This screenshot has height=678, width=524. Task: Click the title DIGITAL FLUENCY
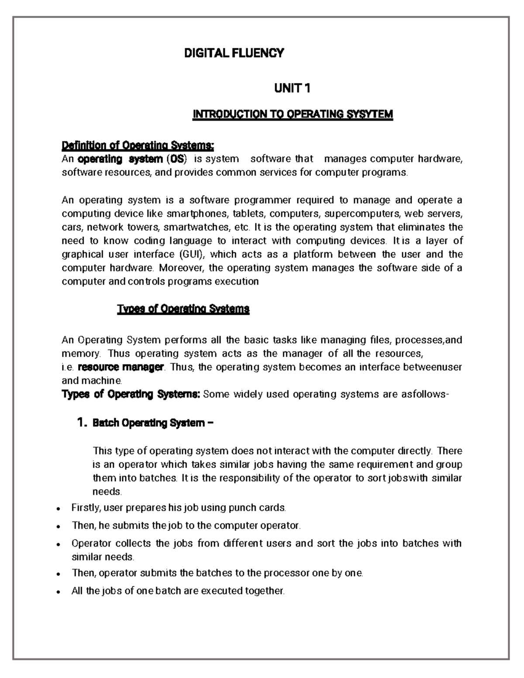[234, 53]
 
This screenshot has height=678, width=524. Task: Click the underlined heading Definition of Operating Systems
[138, 145]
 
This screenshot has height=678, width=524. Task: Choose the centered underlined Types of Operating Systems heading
[183, 309]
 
